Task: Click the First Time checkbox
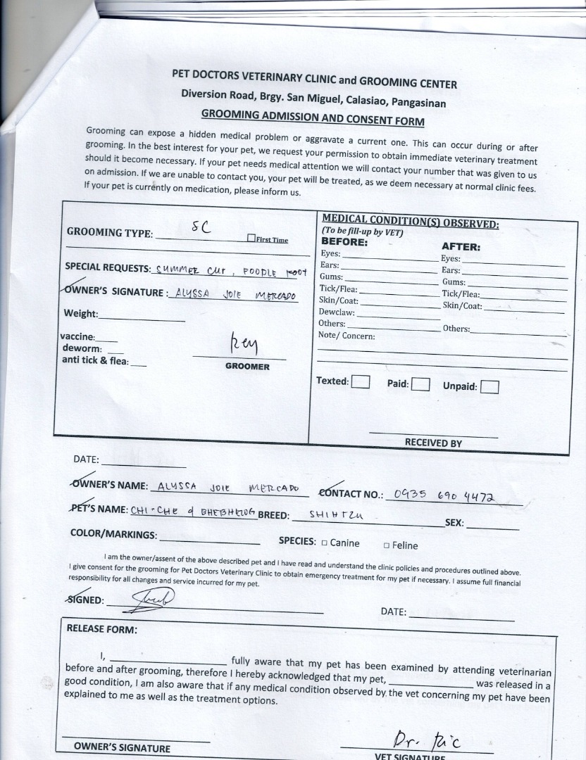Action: pos(251,239)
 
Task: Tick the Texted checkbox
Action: pos(361,381)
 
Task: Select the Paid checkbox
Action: pos(420,384)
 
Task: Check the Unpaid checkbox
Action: pos(490,386)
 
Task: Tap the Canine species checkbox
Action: pos(324,543)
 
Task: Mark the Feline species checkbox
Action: pos(387,545)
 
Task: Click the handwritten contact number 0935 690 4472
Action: pos(445,497)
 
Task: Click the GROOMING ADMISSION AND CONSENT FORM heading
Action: pos(313,116)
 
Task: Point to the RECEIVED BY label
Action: pos(433,443)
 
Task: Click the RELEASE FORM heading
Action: pos(102,628)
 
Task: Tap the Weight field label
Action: pos(81,314)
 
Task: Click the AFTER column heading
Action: pos(461,246)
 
